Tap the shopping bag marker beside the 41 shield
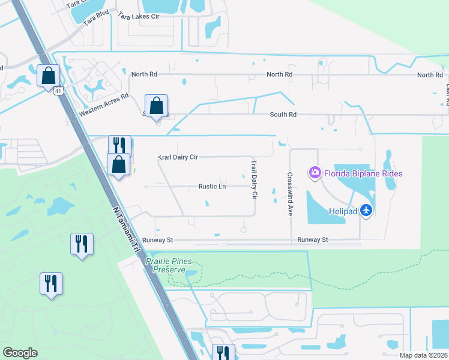(48, 76)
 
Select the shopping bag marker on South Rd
(156, 106)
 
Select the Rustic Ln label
(212, 187)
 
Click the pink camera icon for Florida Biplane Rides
(315, 173)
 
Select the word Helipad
(343, 211)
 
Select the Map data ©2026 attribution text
(423, 355)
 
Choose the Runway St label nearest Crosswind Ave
(312, 239)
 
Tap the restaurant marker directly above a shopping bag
(119, 145)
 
